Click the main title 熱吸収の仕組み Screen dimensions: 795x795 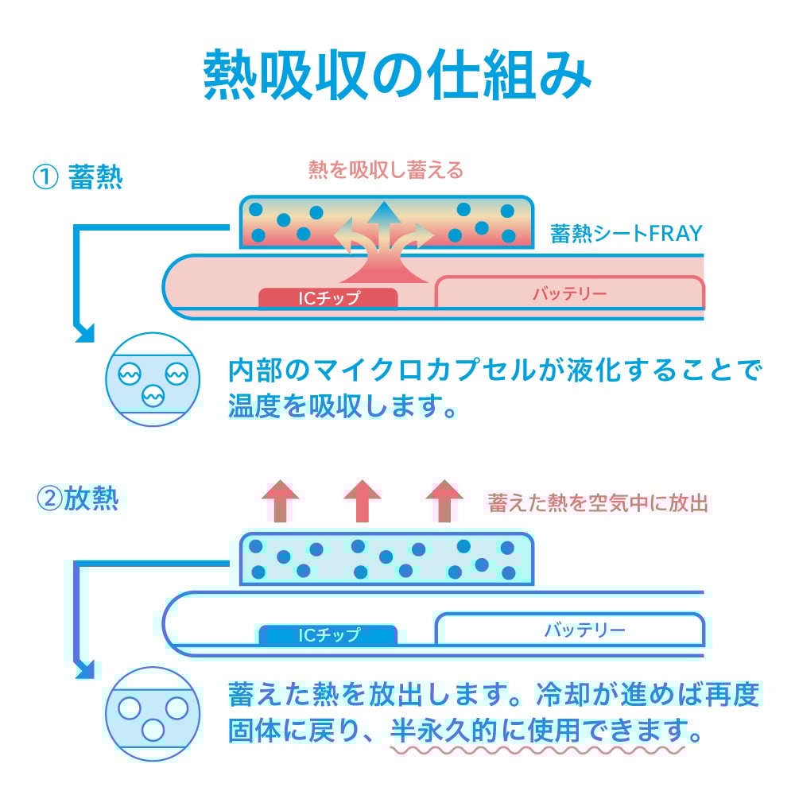(x=397, y=77)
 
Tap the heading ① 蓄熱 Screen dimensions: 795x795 (x=77, y=176)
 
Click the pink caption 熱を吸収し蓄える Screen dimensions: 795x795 (x=386, y=170)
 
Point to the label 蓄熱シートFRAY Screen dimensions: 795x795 (x=626, y=234)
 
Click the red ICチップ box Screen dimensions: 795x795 (x=328, y=298)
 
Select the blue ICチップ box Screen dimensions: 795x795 (x=328, y=634)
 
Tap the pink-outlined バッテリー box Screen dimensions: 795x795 (x=569, y=293)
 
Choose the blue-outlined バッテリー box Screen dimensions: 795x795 (x=569, y=630)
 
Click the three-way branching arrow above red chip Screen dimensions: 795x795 (x=383, y=238)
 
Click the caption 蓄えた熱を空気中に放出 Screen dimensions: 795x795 (x=597, y=502)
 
